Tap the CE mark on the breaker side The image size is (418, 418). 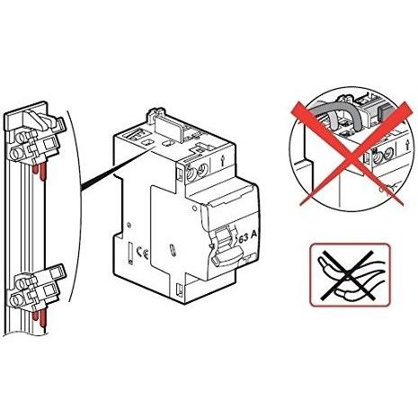tap(142, 252)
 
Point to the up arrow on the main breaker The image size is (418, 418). tap(222, 162)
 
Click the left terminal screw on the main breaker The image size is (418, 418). tap(191, 173)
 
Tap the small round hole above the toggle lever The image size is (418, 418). tap(195, 208)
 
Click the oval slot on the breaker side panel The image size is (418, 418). tap(172, 250)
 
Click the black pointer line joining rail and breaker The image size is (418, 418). tap(117, 169)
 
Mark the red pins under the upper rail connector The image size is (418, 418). tap(40, 173)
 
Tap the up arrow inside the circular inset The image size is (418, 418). tap(407, 146)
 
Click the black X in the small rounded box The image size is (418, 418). tap(349, 274)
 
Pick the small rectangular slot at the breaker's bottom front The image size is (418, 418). tap(180, 289)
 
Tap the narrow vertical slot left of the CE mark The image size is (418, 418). tap(130, 253)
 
